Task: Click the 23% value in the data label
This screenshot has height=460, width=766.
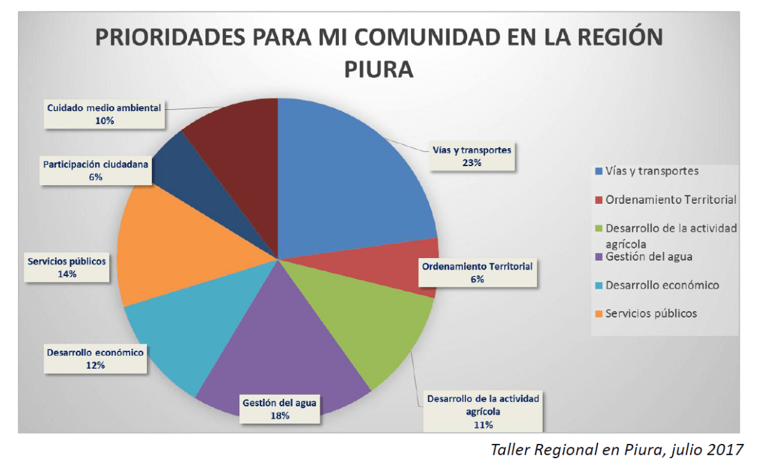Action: pos(472,163)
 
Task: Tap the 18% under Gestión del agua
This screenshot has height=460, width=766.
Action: pos(280,415)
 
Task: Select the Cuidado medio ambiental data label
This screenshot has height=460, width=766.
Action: pos(103,114)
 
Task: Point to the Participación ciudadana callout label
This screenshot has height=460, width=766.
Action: pos(96,171)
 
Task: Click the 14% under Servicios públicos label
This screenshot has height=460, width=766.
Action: pos(66,274)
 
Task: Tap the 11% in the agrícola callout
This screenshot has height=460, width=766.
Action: pos(483,424)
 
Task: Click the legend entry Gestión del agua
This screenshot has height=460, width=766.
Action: pos(649,257)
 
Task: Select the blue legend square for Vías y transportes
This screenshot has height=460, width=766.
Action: pos(598,171)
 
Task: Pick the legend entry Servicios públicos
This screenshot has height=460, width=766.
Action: pos(651,314)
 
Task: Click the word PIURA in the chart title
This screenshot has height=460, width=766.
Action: pos(379,68)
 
